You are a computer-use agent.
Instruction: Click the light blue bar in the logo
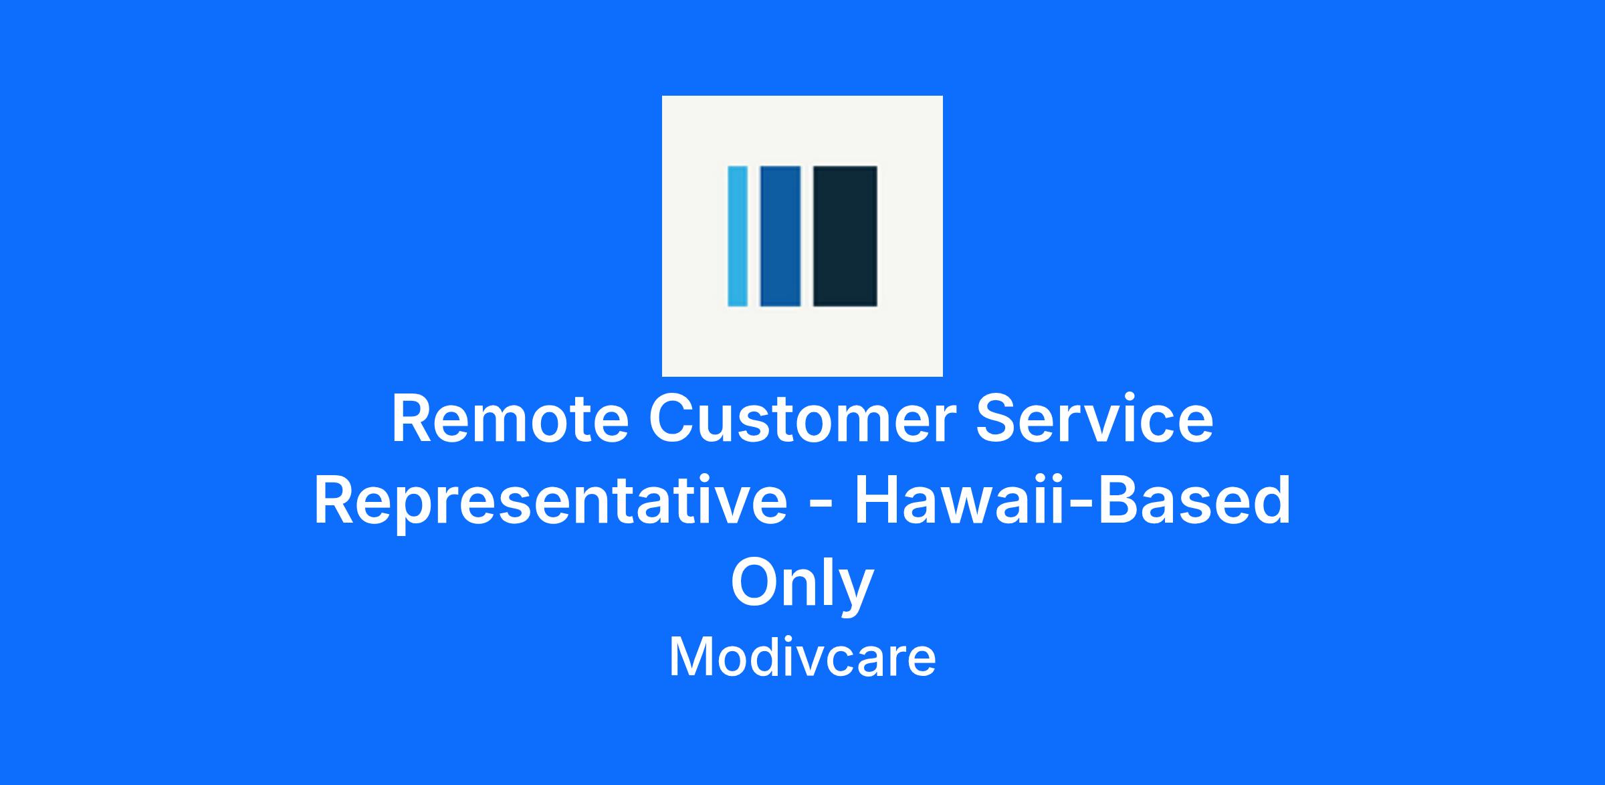738,236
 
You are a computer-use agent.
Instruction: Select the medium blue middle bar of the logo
780,236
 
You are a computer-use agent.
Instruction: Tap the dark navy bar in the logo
845,236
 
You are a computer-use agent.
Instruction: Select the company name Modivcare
802,657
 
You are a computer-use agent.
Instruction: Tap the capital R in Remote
413,420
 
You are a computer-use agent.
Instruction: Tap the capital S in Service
997,420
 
